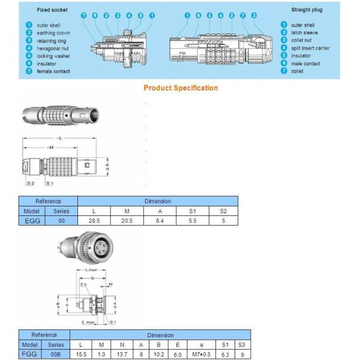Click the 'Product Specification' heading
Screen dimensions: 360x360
coord(181,88)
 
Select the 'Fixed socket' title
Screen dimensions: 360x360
coord(52,10)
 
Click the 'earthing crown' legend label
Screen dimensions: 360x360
coord(53,33)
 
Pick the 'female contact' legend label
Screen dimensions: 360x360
coord(53,71)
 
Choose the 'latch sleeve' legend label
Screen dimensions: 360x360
coord(304,33)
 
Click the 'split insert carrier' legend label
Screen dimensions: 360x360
coord(310,48)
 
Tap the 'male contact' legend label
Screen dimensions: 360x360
coord(305,64)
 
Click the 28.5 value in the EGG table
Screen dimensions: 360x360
coord(94,221)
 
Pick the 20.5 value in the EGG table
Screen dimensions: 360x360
coord(127,221)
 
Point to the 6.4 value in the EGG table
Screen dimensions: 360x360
coord(160,221)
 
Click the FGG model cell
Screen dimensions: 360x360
coord(29,355)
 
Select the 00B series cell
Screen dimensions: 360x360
coord(55,355)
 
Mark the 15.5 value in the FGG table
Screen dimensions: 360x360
coord(80,355)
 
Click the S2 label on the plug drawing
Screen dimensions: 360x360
coord(31,182)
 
